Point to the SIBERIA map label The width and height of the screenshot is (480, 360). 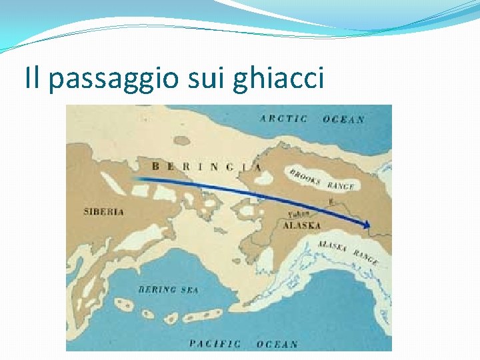103,212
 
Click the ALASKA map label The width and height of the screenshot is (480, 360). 301,225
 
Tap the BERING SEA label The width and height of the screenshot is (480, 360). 168,289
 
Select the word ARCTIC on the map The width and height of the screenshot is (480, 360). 284,119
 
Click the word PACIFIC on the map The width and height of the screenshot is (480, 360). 215,344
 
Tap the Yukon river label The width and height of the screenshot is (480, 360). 297,215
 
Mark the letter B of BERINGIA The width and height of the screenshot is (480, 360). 155,166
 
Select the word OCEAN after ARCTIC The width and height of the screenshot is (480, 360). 343,119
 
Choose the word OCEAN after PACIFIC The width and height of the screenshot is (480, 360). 277,345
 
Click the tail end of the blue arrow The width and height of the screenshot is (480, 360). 135,179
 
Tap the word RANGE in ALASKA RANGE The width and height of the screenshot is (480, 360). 366,257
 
